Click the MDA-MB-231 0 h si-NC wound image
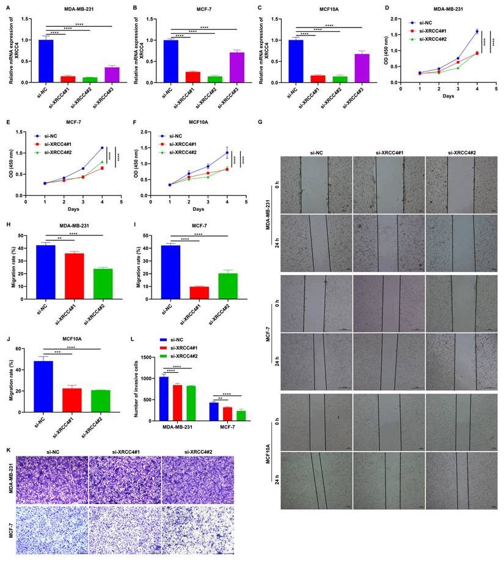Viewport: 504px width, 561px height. pyautogui.click(x=317, y=182)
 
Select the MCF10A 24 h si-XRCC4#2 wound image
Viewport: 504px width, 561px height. pyautogui.click(x=459, y=480)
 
